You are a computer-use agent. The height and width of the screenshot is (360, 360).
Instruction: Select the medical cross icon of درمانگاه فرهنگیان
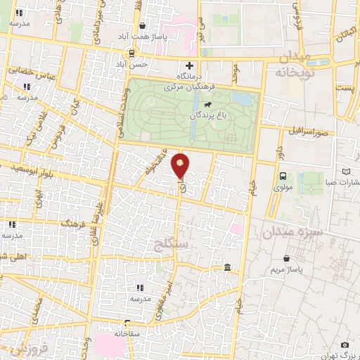pyautogui.click(x=188, y=66)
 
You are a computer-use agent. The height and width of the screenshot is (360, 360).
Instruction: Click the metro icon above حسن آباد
pyautogui.click(x=131, y=53)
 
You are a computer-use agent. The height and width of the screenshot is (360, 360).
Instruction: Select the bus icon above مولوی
pyautogui.click(x=283, y=176)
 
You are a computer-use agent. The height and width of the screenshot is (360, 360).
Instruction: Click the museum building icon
pyautogui.click(x=227, y=268)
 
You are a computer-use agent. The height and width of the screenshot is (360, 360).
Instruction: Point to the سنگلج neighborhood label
pyautogui.click(x=170, y=245)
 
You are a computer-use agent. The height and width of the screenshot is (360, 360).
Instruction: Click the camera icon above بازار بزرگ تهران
pyautogui.click(x=345, y=345)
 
